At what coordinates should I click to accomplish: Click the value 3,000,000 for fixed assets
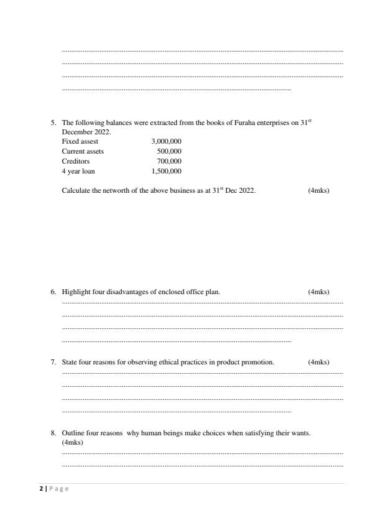pos(166,141)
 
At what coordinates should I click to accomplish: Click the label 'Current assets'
pos(83,151)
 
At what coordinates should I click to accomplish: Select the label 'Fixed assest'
pos(80,141)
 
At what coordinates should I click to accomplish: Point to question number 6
pos(53,292)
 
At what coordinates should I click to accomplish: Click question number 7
pos(53,362)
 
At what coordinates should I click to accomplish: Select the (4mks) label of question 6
pos(318,292)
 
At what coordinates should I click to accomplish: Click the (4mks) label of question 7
pos(318,362)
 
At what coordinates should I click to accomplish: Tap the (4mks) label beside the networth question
pos(318,190)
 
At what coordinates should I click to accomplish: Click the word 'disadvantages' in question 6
pos(126,292)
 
